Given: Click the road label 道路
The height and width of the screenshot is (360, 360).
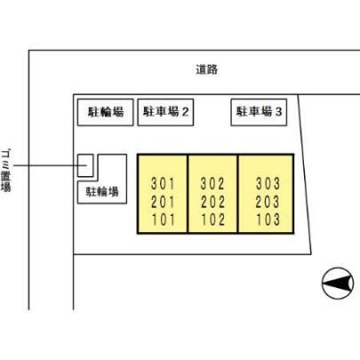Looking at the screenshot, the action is (207, 69).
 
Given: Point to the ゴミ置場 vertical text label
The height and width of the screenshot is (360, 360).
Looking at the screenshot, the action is (6, 171).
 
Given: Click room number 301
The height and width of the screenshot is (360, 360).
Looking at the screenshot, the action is (163, 184).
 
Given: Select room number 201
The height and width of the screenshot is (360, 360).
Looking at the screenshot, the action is (163, 202).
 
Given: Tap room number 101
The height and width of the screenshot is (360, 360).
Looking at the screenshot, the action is (164, 220).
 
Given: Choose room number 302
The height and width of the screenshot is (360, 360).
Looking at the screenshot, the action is (212, 184).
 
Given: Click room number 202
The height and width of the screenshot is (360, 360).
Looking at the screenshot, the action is (212, 202).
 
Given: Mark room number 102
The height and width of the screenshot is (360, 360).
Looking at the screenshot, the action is (213, 220).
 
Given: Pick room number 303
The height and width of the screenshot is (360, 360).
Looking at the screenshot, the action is (268, 184).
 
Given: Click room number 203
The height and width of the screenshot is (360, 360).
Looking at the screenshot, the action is (268, 202).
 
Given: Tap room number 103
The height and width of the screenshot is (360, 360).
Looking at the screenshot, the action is (268, 220).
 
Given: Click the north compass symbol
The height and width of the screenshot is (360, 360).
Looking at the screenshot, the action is (338, 284).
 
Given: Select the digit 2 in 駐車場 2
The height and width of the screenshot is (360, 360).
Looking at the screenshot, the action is (185, 112).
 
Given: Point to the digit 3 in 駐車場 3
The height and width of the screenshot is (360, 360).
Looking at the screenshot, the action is (278, 112).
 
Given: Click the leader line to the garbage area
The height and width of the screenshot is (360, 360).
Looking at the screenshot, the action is (50, 165).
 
